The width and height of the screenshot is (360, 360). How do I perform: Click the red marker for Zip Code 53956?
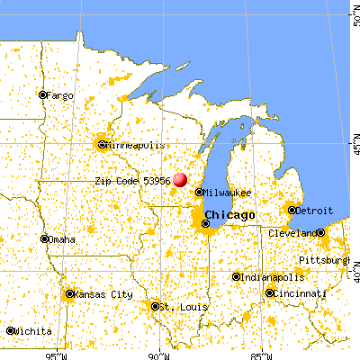pos(180,179)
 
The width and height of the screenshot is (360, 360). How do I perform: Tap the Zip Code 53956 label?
pos(132,181)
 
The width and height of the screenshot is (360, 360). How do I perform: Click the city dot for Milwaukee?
pos(199,192)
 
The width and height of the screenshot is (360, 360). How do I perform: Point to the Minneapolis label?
pos(136,144)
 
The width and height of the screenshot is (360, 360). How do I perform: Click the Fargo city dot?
pos(41,94)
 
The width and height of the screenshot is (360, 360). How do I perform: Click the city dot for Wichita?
pos(11,330)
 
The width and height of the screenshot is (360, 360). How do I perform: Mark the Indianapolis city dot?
pos(236,277)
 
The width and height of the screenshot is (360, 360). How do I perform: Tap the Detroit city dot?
pos(291,210)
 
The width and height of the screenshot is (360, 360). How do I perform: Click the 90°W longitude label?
pos(159,353)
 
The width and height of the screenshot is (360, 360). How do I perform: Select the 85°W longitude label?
pos(262,353)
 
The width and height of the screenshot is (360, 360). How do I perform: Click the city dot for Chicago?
pos(206,224)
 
